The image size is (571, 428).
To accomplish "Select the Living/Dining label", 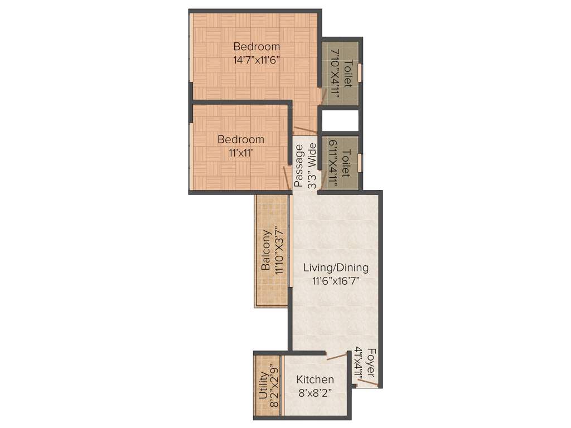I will click(336, 268).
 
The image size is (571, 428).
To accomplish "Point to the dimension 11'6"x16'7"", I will click(336, 281).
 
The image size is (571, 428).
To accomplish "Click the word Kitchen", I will click(315, 380).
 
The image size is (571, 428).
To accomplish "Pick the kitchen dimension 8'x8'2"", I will click(315, 392).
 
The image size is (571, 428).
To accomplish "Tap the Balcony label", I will click(267, 250).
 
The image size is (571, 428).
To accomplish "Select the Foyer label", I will click(371, 363).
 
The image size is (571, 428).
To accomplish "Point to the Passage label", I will click(299, 166).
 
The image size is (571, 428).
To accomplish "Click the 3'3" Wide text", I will click(312, 166).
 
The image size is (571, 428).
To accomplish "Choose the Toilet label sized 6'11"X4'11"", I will click(346, 163).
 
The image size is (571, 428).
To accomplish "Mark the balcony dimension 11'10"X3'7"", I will click(279, 250).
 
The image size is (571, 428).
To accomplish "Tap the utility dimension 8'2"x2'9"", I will click(273, 388).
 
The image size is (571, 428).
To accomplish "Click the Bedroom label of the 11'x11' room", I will click(241, 139).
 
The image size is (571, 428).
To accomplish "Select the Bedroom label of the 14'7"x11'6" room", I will click(257, 46).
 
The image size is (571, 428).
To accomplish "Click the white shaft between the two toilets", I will click(340, 121).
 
